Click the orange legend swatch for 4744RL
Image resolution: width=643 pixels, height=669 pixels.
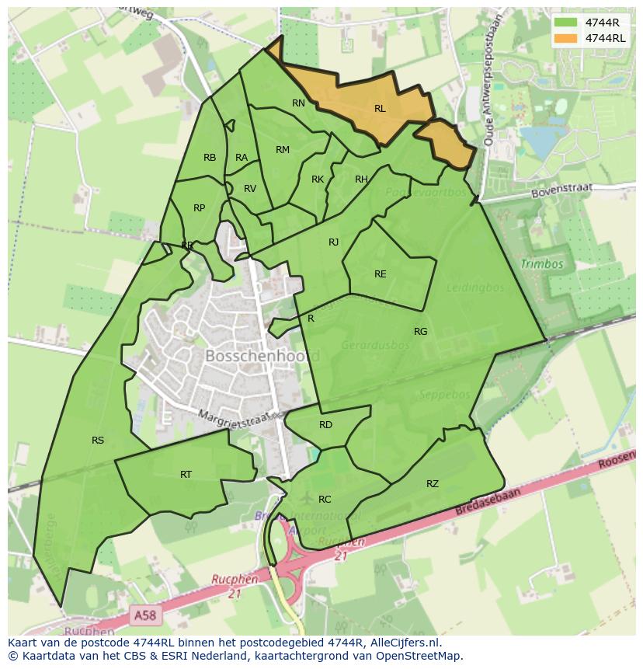tap(567, 38)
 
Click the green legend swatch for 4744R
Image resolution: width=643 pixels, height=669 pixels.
tap(567, 23)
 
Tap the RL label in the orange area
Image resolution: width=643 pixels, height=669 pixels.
tap(380, 109)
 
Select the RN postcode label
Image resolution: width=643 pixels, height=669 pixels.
tap(298, 103)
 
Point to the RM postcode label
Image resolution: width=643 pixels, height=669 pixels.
tap(283, 150)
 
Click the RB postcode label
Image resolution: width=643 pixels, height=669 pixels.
tap(210, 158)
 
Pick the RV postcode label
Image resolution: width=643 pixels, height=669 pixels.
tap(250, 189)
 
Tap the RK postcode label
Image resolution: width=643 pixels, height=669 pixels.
tap(318, 179)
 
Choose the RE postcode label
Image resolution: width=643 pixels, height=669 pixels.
tap(380, 274)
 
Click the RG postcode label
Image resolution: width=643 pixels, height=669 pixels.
tap(420, 332)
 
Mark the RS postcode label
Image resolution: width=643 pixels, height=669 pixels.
tap(98, 441)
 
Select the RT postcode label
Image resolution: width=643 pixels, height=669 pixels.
tap(186, 475)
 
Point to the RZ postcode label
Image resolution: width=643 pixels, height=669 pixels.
tap(433, 484)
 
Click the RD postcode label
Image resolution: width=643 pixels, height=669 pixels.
tap(325, 425)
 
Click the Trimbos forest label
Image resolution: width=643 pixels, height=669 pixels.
tap(542, 264)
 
